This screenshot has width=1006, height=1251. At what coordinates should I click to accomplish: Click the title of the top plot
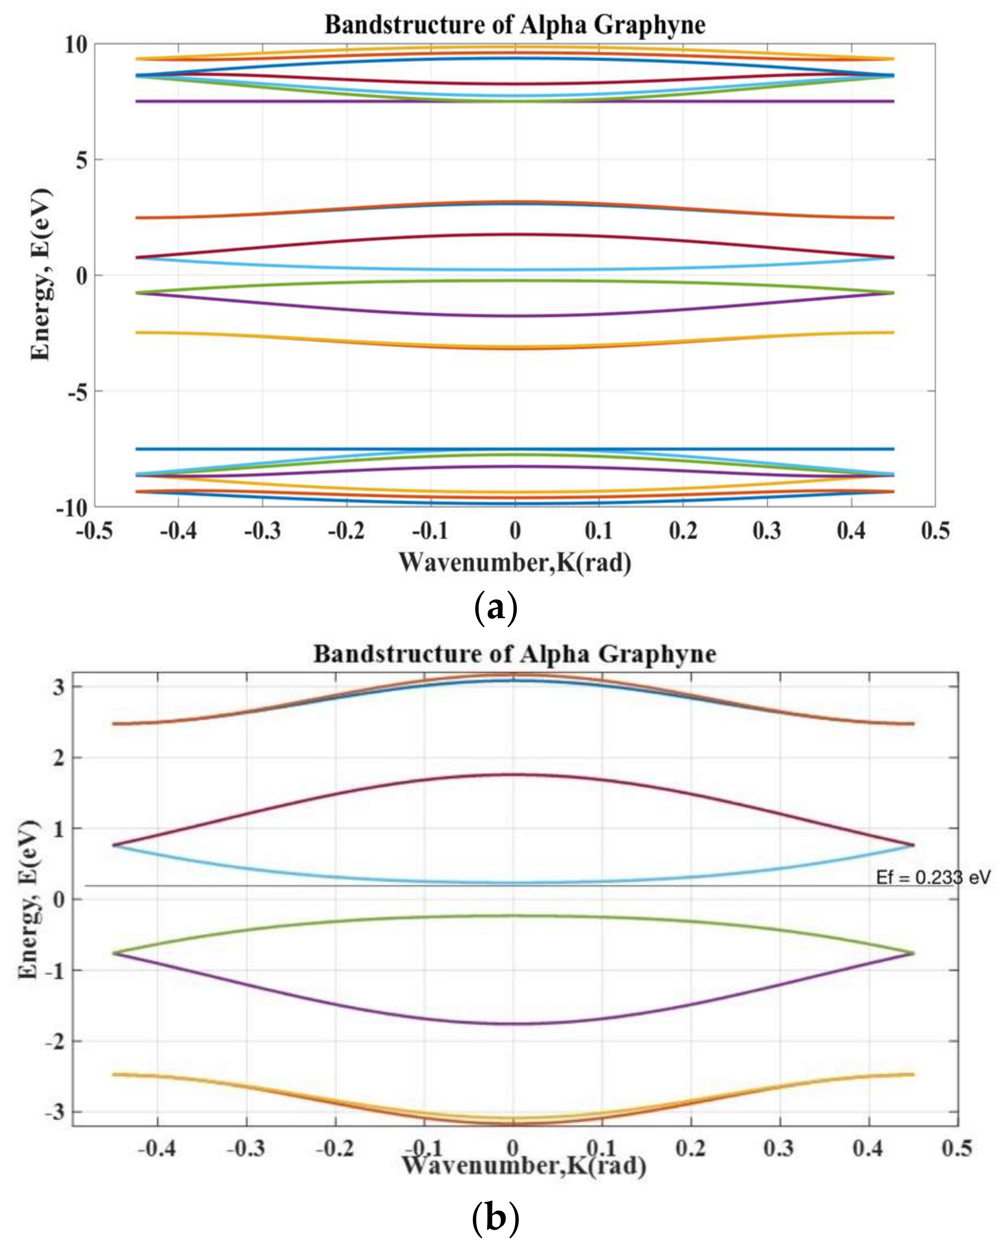[515, 25]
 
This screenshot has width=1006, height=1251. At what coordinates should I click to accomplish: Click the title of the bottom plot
[515, 654]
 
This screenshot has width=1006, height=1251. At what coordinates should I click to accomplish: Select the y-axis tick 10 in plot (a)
[75, 45]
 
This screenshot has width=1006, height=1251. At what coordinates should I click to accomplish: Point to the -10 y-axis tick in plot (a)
[71, 508]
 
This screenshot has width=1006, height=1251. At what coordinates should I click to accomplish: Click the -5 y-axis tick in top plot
[78, 392]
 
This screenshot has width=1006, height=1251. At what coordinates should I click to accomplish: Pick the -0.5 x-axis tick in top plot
[94, 530]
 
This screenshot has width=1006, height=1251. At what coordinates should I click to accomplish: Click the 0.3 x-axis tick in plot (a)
[767, 530]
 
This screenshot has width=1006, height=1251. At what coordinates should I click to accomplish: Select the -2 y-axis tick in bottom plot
[54, 1041]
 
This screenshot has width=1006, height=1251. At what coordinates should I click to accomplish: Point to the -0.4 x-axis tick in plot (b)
[157, 1148]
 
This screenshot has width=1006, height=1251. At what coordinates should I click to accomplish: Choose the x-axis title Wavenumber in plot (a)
[515, 562]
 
